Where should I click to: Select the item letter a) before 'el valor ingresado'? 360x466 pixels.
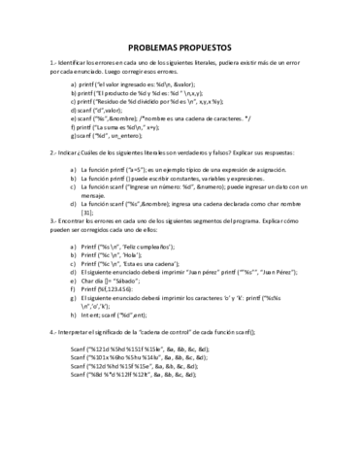click(75, 84)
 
